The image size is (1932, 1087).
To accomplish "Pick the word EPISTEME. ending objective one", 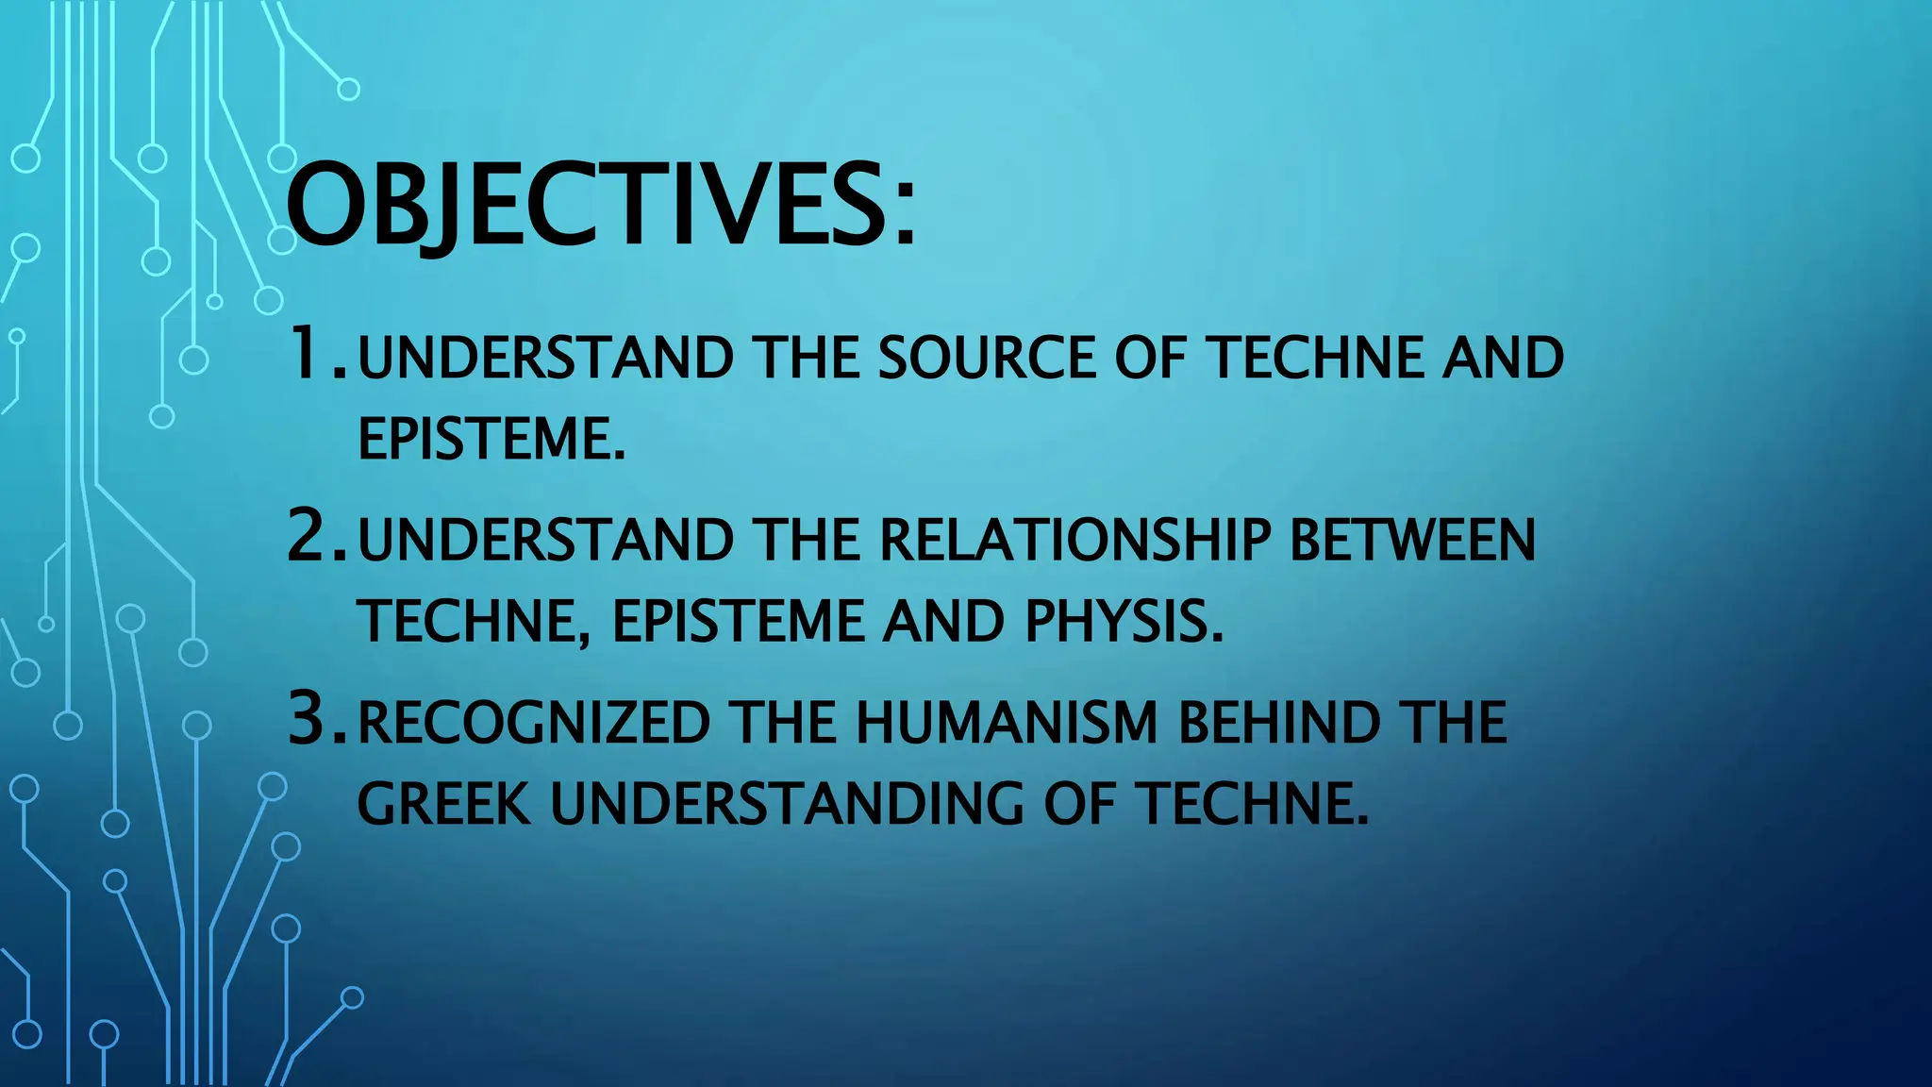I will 491,439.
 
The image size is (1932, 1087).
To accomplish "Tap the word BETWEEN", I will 1412,541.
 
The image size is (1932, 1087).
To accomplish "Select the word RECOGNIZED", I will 533,724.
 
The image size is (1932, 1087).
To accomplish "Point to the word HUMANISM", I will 1007,724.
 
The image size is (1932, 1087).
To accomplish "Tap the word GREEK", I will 443,805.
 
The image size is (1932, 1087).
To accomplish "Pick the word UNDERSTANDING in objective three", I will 787,805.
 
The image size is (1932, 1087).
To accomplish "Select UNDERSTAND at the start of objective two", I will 545,541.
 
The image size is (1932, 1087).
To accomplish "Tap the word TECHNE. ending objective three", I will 1252,805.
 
